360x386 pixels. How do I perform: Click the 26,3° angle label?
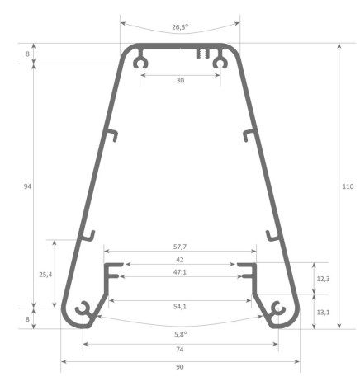[180, 27]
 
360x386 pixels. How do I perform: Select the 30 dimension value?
[180, 81]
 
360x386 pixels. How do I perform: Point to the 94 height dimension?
[28, 187]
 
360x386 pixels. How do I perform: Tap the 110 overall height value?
[348, 187]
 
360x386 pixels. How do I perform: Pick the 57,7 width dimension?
[180, 247]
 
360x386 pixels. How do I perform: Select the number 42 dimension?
[180, 259]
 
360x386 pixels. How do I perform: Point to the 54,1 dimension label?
[180, 307]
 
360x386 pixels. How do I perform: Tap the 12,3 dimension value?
[323, 279]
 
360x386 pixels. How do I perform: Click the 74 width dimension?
[180, 351]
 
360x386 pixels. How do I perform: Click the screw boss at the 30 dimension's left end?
[142, 62]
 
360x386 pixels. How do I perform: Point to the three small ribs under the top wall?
[202, 54]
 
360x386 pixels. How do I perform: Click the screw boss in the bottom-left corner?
[83, 311]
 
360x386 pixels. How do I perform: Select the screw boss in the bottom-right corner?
[277, 311]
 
